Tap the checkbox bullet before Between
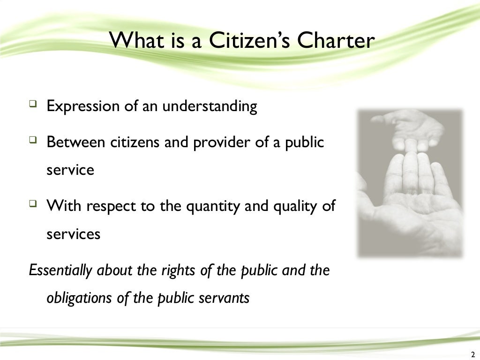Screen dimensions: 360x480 click(x=32, y=140)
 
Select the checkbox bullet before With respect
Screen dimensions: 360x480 click(x=32, y=203)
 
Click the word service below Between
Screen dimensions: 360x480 click(x=70, y=170)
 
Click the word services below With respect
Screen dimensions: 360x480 click(x=73, y=233)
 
